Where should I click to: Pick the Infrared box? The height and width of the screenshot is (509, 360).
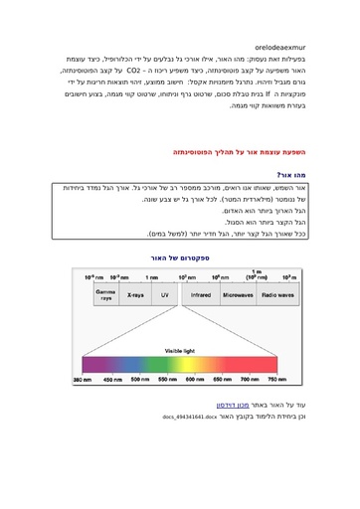[201, 295]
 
